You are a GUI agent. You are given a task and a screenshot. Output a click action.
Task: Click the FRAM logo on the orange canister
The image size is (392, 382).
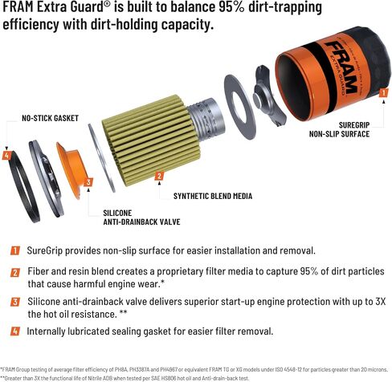[341, 67]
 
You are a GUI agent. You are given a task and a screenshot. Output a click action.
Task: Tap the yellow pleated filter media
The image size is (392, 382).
[152, 140]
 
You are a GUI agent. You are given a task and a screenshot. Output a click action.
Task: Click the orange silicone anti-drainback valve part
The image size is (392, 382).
[71, 169]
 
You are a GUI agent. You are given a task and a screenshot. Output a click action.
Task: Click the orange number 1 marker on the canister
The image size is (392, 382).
[383, 92]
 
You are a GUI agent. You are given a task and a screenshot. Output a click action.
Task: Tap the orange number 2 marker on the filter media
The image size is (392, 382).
[159, 176]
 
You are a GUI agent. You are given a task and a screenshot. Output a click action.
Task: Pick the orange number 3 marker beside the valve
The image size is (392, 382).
[88, 182]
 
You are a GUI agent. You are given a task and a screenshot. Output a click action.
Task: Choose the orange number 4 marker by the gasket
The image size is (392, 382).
[6, 156]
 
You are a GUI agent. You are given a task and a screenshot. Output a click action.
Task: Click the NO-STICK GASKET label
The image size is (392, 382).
[50, 118]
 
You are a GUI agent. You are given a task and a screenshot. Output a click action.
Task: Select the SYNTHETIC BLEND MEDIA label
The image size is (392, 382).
[213, 196]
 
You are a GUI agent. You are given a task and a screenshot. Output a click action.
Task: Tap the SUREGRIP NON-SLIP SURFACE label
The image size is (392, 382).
[339, 129]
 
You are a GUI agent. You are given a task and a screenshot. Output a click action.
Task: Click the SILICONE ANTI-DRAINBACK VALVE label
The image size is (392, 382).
[141, 217]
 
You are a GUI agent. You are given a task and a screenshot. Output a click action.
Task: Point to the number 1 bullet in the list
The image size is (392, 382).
[15, 250]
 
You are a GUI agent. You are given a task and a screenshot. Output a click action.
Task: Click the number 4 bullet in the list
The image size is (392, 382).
[15, 331]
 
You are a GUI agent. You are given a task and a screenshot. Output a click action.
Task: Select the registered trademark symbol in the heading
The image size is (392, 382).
[107, 6]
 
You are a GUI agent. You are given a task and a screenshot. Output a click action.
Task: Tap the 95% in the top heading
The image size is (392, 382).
[232, 7]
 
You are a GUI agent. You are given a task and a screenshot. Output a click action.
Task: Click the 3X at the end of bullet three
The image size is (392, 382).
[380, 302]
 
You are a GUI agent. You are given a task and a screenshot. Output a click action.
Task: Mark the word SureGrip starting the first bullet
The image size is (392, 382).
[45, 251]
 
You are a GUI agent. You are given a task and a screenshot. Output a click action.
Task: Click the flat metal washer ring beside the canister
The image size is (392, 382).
[240, 107]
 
